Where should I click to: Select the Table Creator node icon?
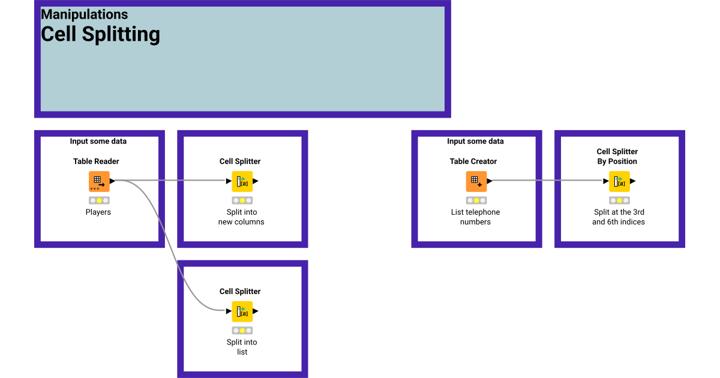(x=476, y=181)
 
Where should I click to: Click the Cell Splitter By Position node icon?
(x=619, y=181)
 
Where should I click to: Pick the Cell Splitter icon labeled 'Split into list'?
(x=242, y=311)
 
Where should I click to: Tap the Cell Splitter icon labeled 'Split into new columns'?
(x=242, y=181)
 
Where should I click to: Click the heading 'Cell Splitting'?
(x=100, y=34)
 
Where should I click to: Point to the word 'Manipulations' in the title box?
(x=84, y=14)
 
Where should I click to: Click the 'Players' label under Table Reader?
(x=98, y=212)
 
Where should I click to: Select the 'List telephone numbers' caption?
(x=475, y=217)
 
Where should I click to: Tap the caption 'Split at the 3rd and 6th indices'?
(x=618, y=217)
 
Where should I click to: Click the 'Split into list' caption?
(x=242, y=347)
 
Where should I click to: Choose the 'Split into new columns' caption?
(x=241, y=217)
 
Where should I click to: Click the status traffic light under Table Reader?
(x=99, y=200)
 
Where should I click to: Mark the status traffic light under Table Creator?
(x=476, y=200)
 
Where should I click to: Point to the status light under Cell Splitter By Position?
(x=619, y=200)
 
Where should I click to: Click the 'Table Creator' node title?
(x=473, y=161)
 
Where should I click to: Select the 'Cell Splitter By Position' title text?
(x=617, y=157)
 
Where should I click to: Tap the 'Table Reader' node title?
(x=96, y=161)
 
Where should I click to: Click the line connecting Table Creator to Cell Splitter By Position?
(x=546, y=180)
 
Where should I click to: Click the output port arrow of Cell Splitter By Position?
(x=633, y=181)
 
